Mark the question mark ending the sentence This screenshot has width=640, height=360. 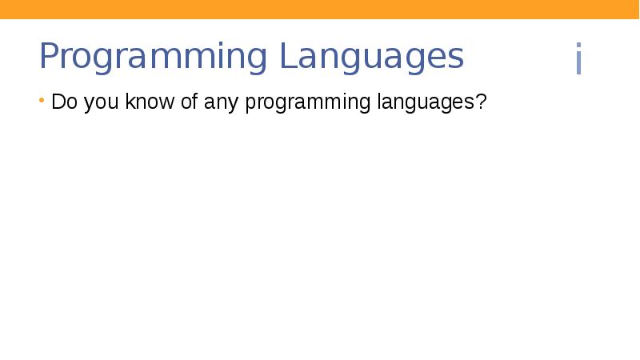(482, 103)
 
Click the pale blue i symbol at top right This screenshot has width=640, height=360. (578, 60)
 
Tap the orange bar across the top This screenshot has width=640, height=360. (320, 9)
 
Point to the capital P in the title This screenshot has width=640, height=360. (50, 57)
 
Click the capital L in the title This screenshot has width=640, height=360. (286, 57)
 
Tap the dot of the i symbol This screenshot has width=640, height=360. (578, 47)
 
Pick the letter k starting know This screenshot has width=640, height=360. (129, 103)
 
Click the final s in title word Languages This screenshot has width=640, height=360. (456, 59)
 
